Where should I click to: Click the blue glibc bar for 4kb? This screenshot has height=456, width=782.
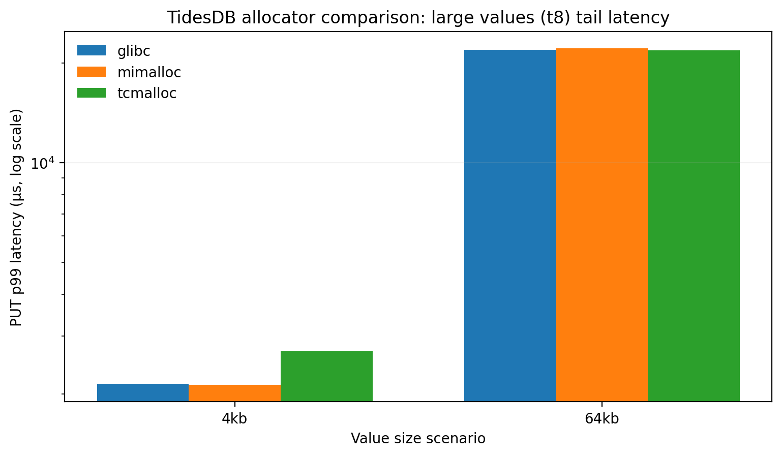[x=143, y=392]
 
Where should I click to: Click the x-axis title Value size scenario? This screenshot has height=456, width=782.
[x=418, y=439]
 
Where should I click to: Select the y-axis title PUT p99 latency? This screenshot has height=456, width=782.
[x=17, y=217]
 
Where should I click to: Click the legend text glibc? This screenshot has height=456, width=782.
[x=134, y=51]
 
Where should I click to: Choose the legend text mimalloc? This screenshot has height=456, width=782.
[x=149, y=72]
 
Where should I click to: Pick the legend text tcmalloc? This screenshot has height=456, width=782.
[x=147, y=94]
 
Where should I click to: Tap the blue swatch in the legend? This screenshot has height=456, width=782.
[x=92, y=51]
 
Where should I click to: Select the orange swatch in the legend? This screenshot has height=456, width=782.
[x=92, y=72]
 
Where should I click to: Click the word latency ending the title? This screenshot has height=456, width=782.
[x=640, y=18]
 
